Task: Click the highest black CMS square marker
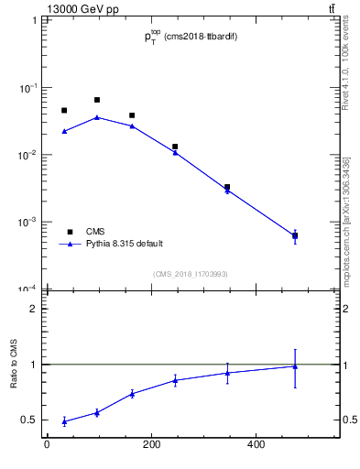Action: tap(97, 100)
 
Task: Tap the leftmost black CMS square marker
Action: tap(64, 111)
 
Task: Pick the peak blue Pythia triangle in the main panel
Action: tap(97, 117)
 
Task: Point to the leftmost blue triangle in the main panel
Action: tap(64, 131)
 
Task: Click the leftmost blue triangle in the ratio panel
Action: tap(64, 421)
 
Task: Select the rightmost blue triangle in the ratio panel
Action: tap(295, 366)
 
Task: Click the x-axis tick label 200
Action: tap(151, 445)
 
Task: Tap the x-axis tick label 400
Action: tap(256, 445)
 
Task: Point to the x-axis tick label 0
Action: tap(47, 445)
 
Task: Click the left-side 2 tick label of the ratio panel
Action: tap(35, 309)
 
